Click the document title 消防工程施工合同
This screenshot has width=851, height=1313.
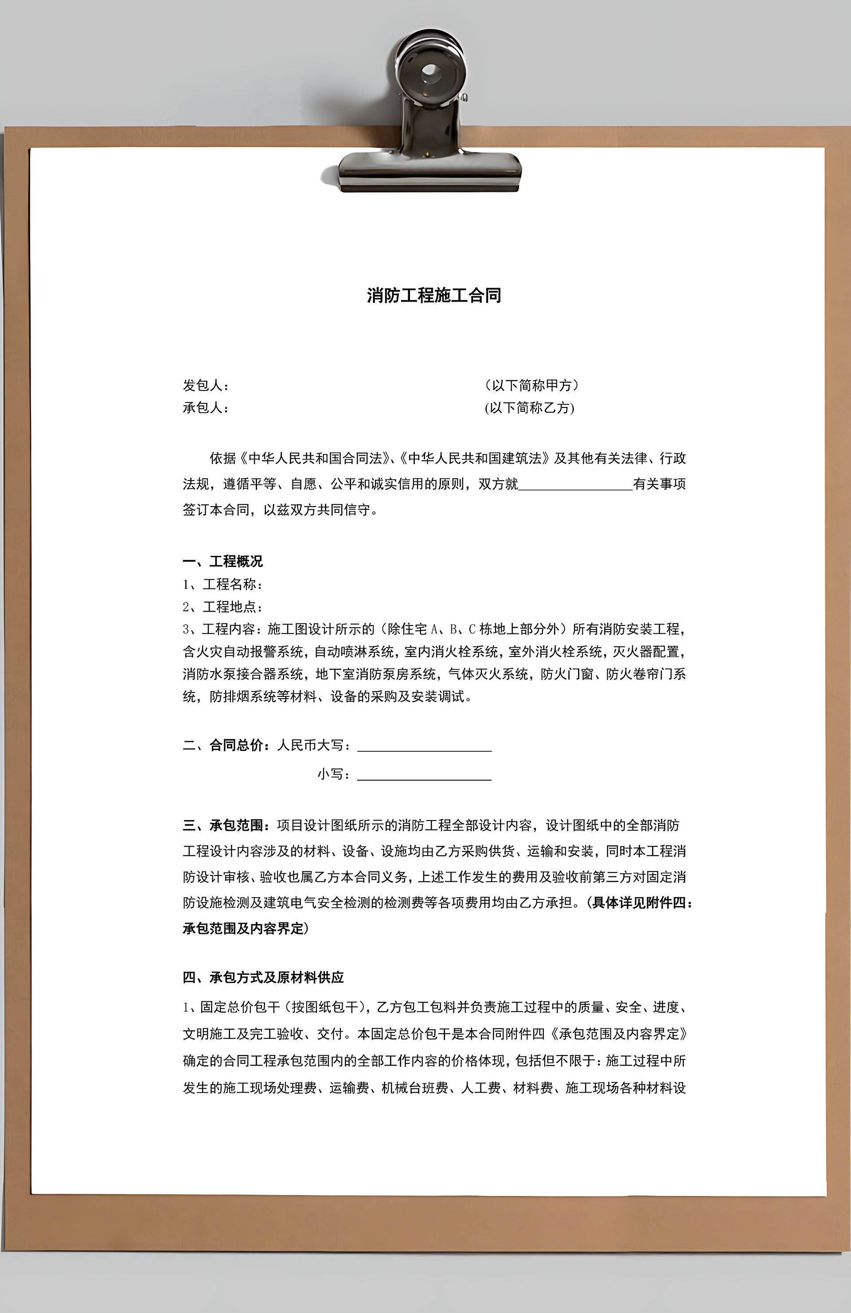click(434, 296)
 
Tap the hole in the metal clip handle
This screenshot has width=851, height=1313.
click(429, 71)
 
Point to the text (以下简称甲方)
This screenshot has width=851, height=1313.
click(532, 385)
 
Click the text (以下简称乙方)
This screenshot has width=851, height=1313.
click(530, 408)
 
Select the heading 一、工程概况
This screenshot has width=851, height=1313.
click(223, 562)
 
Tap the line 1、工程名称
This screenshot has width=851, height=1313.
click(223, 584)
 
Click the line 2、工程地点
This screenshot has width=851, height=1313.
click(223, 607)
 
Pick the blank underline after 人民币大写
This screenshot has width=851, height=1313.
click(424, 746)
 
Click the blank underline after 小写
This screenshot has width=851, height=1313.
click(424, 775)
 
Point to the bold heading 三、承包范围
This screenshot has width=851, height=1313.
click(226, 825)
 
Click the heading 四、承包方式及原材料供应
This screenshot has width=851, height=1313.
click(263, 977)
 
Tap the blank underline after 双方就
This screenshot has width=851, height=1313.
click(575, 485)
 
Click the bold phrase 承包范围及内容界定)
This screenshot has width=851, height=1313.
click(246, 929)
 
